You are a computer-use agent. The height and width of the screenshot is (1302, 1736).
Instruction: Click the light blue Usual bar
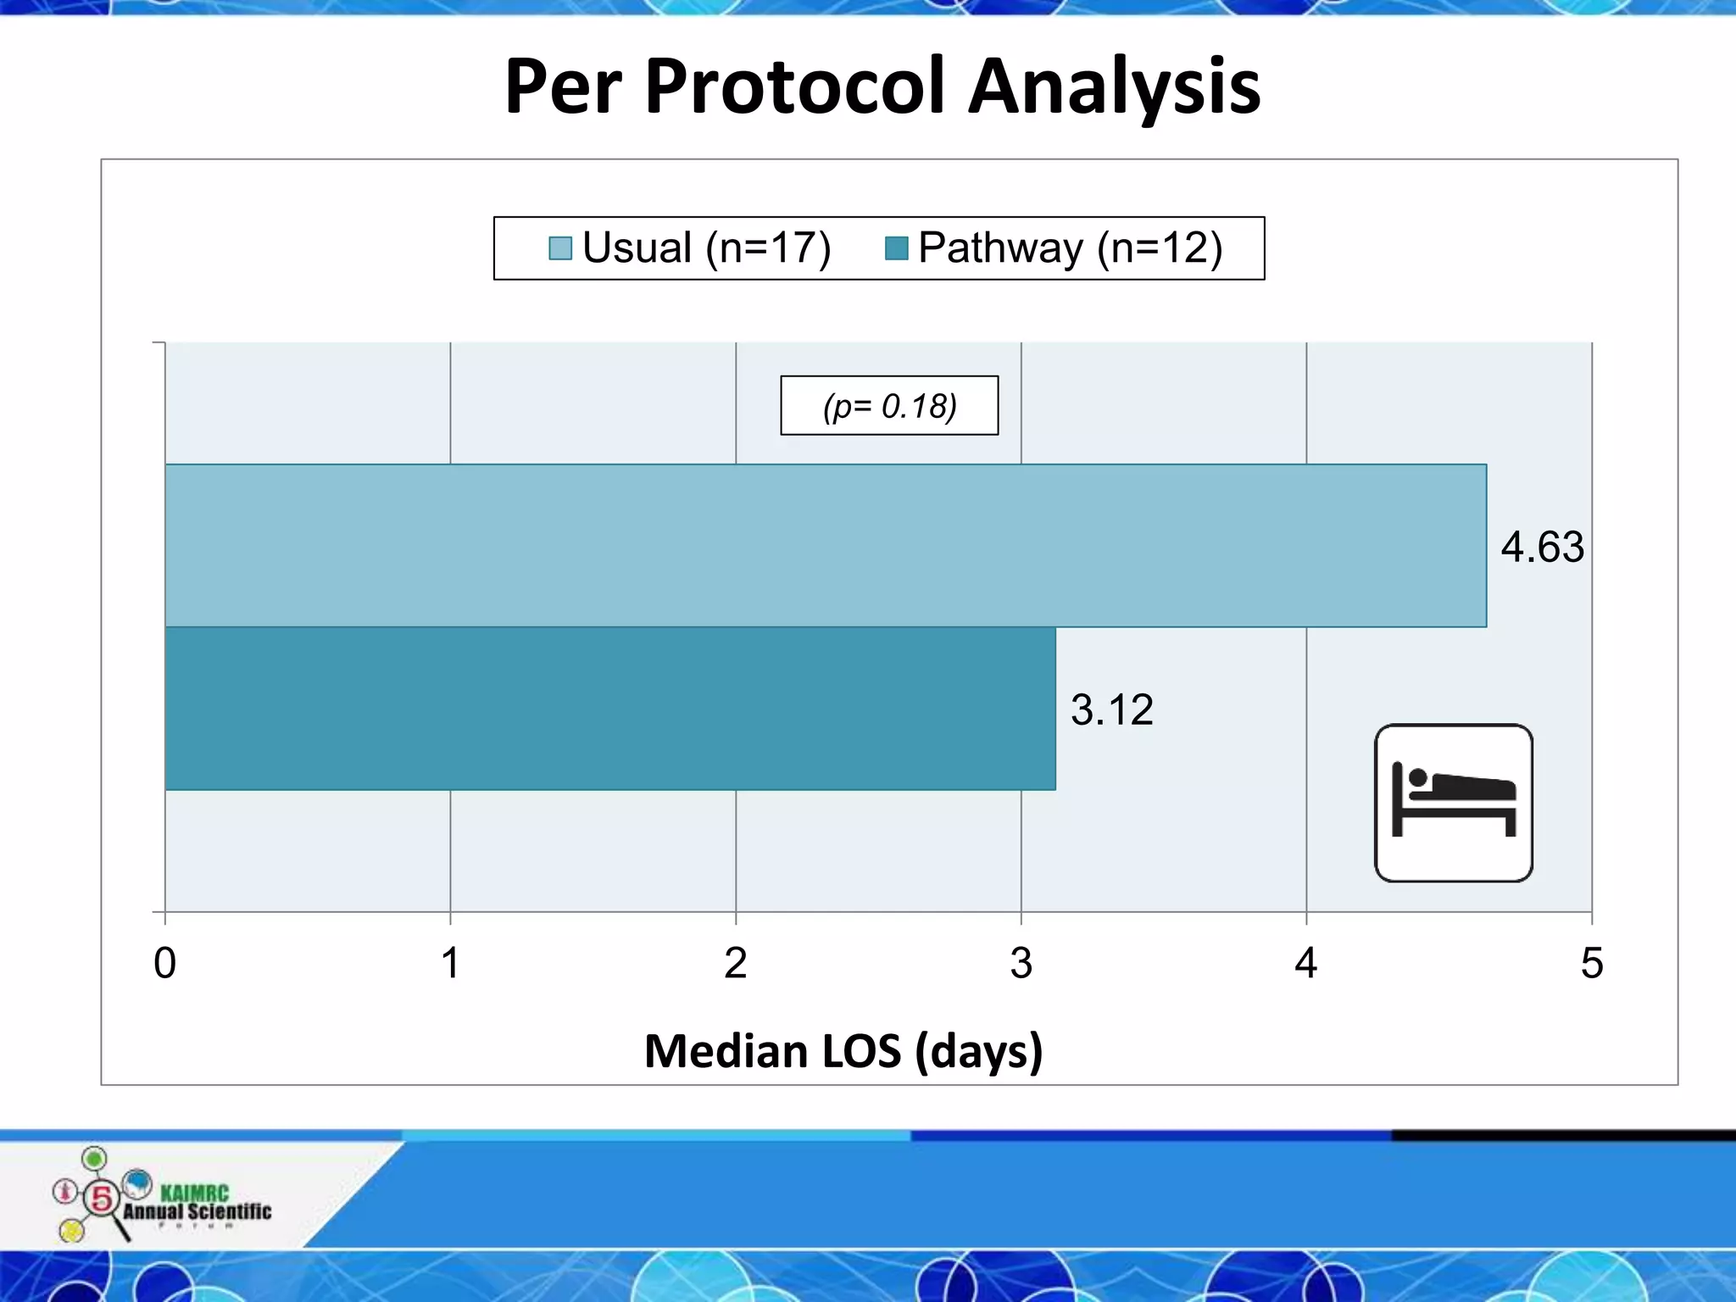pyautogui.click(x=825, y=546)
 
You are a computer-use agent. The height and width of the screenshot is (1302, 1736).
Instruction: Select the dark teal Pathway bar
pyautogui.click(x=610, y=709)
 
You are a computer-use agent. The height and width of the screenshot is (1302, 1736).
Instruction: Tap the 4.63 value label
pyautogui.click(x=1542, y=547)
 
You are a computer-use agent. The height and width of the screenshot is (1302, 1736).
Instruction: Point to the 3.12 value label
pyautogui.click(x=1111, y=709)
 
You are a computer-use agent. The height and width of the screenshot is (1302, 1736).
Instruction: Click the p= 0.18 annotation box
pyautogui.click(x=889, y=406)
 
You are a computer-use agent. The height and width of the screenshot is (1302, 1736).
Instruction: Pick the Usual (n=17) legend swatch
pyautogui.click(x=560, y=248)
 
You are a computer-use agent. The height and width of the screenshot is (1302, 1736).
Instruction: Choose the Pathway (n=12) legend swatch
pyautogui.click(x=896, y=248)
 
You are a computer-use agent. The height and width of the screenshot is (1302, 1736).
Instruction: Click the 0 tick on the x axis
pyautogui.click(x=165, y=963)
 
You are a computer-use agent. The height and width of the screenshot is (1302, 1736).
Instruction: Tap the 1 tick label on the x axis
pyautogui.click(x=450, y=963)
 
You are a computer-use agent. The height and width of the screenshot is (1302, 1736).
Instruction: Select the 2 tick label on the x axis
pyautogui.click(x=735, y=963)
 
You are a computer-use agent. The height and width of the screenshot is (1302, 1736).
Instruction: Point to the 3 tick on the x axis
pyautogui.click(x=1021, y=963)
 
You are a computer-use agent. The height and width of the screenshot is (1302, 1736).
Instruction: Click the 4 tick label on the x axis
pyautogui.click(x=1305, y=963)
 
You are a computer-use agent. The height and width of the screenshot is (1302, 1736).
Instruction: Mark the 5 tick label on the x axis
pyautogui.click(x=1591, y=963)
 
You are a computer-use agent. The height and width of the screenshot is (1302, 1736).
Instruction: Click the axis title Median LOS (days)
pyautogui.click(x=843, y=1051)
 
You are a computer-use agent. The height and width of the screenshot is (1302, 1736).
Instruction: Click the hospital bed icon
pyautogui.click(x=1453, y=803)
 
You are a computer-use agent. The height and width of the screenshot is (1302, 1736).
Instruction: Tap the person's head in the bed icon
pyautogui.click(x=1417, y=777)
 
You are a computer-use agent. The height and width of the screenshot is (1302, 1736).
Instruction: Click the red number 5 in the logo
pyautogui.click(x=102, y=1199)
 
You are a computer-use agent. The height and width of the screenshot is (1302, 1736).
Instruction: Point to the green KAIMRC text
pyautogui.click(x=194, y=1193)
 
